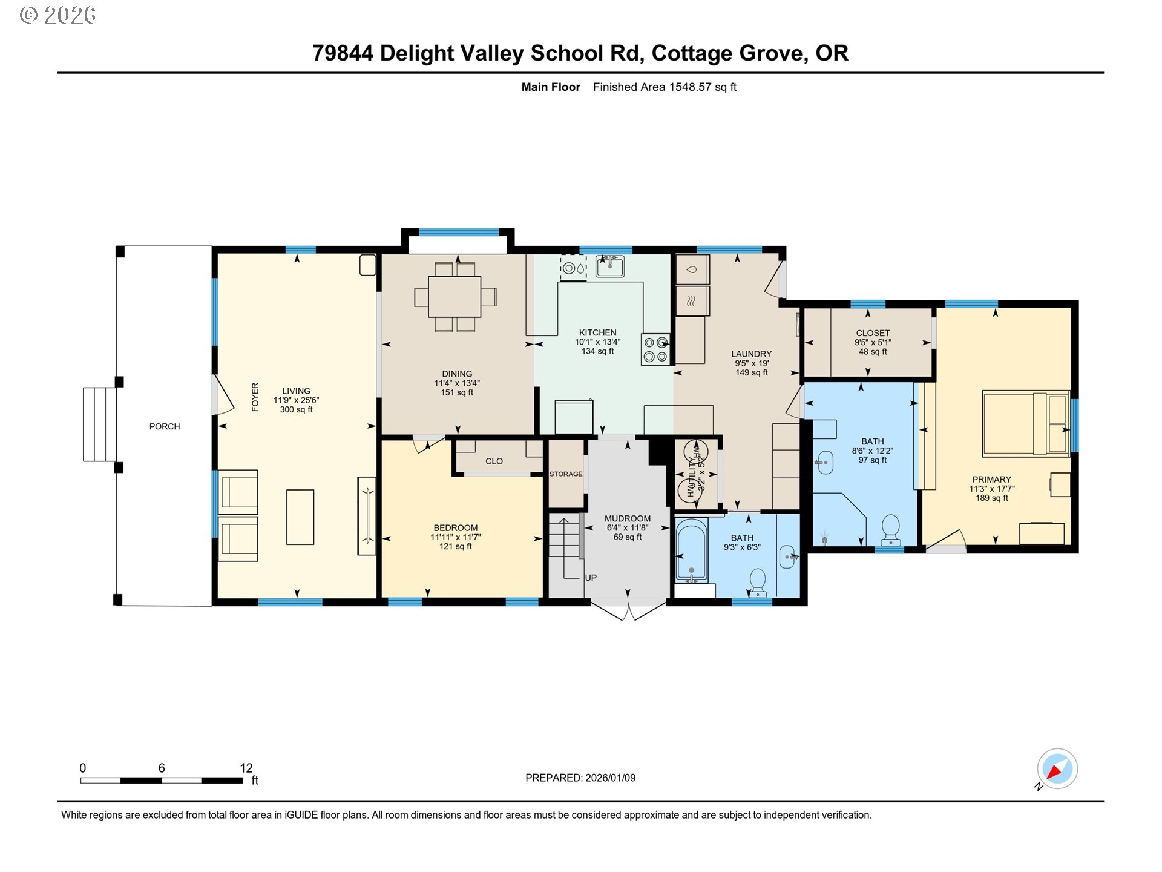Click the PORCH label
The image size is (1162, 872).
165,426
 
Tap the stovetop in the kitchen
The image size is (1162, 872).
655,349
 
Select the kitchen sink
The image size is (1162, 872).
609,266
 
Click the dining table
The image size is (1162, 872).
455,297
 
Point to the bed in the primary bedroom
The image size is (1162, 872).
1026,423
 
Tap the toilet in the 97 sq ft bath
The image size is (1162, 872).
890,530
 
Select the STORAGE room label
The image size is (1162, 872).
566,474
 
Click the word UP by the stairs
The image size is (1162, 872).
591,578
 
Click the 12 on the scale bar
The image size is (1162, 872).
246,768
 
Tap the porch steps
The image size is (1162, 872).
99,424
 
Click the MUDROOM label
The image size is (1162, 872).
628,518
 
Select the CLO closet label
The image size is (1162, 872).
494,461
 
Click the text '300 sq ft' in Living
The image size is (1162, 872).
296,410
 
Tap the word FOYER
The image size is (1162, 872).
255,397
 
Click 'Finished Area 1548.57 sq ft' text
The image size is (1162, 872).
665,87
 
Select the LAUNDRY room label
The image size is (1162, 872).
751,354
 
